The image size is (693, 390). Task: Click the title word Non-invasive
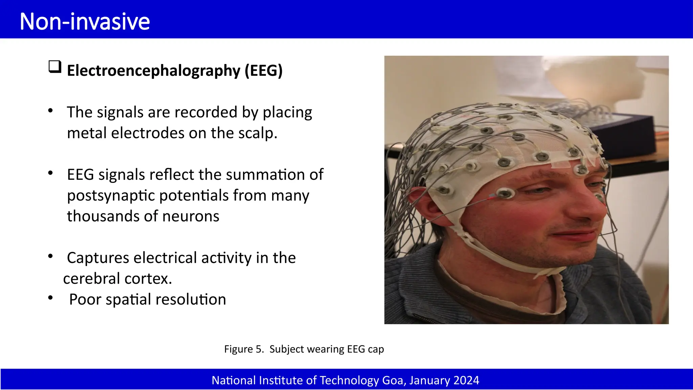[85, 21]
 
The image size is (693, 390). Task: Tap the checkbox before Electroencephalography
[55, 67]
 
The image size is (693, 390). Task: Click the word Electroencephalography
[153, 70]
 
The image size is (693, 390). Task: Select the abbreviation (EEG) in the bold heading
[263, 70]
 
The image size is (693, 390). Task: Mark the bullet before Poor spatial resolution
[50, 298]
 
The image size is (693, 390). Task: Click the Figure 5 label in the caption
[244, 349]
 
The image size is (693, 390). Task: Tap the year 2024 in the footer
[466, 381]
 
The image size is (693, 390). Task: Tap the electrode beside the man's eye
[505, 193]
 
